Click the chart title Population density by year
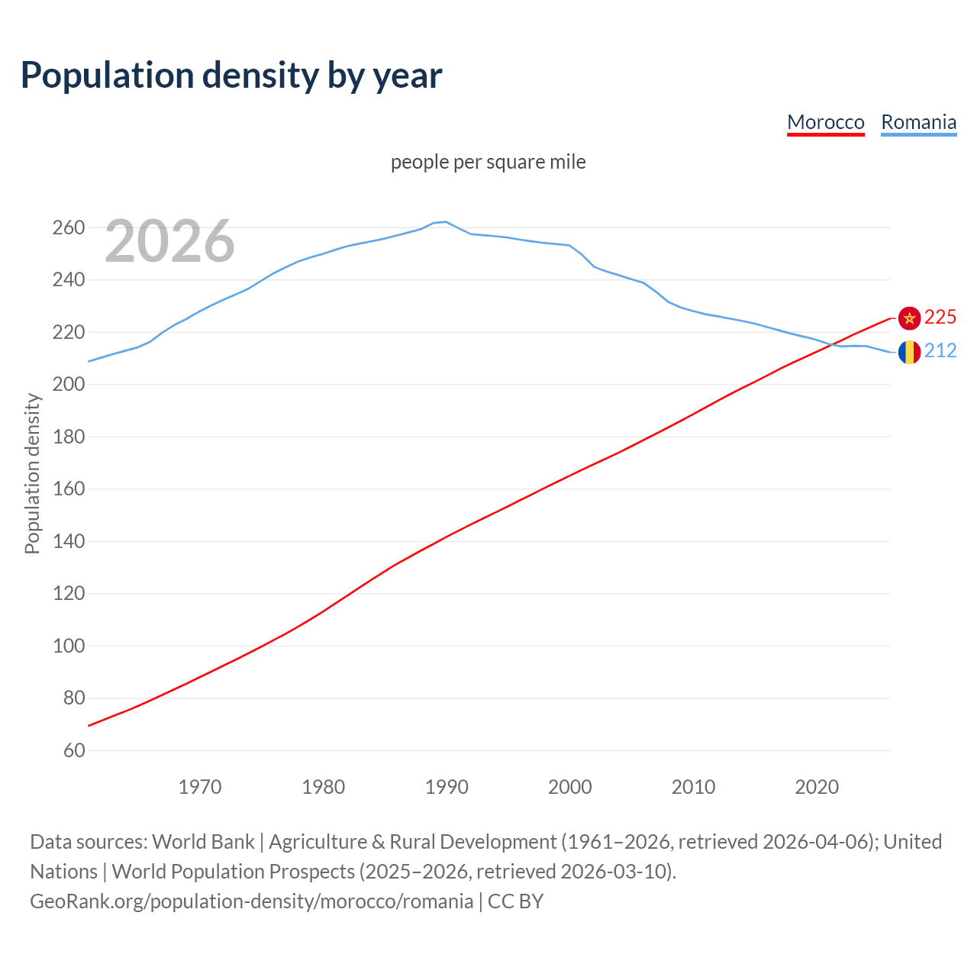[x=231, y=75]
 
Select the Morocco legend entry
[x=825, y=122]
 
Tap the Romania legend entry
[x=918, y=122]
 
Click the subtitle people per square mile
[x=488, y=163]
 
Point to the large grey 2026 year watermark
[x=169, y=241]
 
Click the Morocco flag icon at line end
[x=909, y=318]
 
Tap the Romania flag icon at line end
[x=909, y=352]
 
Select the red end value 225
[x=940, y=318]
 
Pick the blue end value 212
[x=940, y=351]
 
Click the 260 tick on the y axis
[x=68, y=227]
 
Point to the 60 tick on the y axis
[x=73, y=750]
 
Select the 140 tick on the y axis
[x=68, y=541]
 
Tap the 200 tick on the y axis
[x=68, y=385]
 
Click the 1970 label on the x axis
[x=200, y=787]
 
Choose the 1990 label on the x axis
[x=447, y=787]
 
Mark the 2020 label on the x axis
[x=817, y=787]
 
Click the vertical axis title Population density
[x=32, y=473]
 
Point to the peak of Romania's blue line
[x=446, y=221]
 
